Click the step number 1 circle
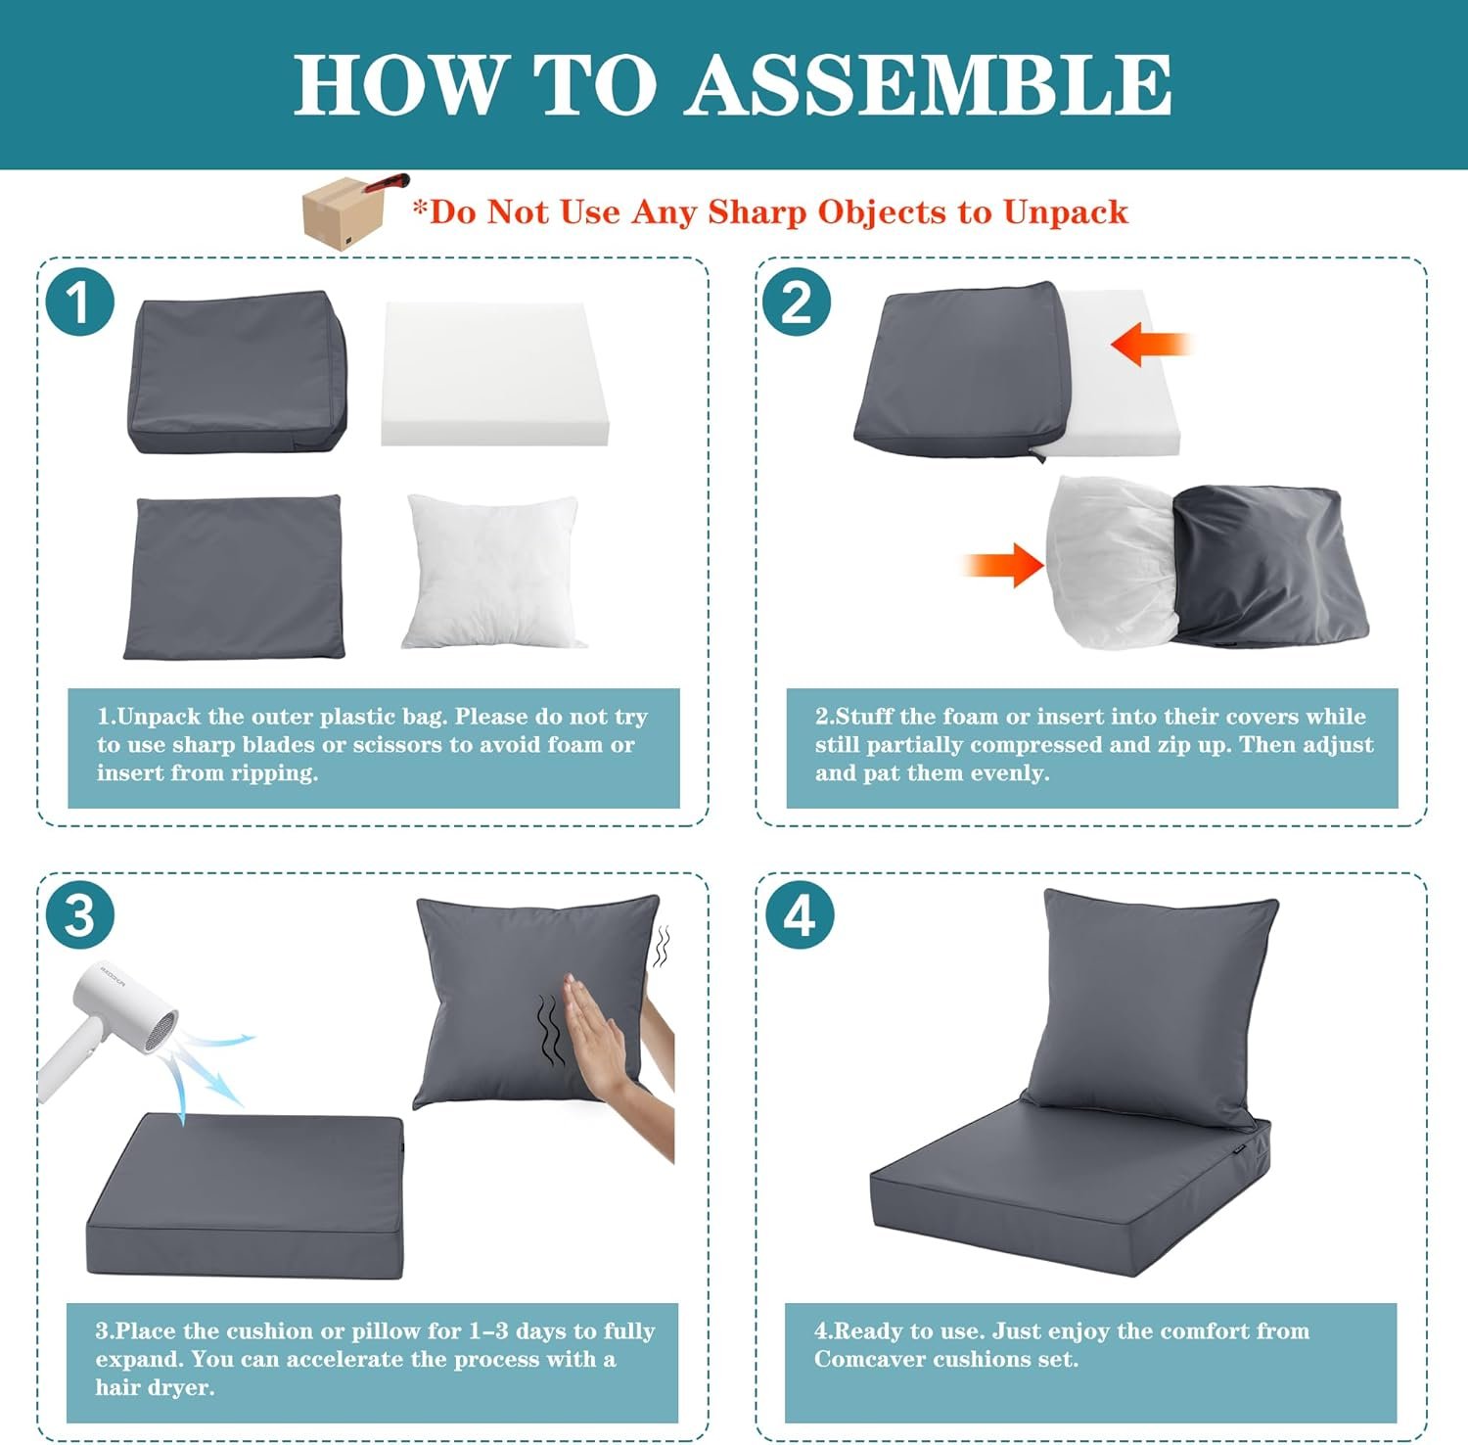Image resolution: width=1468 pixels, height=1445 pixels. [x=80, y=302]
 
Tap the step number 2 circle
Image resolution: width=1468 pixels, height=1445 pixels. [x=797, y=302]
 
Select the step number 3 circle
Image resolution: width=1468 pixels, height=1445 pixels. [x=80, y=916]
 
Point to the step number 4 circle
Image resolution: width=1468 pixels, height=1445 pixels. [x=800, y=916]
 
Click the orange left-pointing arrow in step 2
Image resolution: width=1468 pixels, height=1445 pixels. [x=1151, y=345]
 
